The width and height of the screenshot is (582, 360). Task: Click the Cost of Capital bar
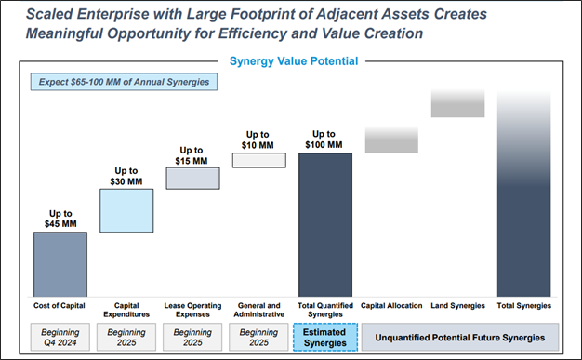(x=60, y=263)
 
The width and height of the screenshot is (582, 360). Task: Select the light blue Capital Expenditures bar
(x=126, y=210)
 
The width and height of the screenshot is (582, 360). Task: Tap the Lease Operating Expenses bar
(x=192, y=178)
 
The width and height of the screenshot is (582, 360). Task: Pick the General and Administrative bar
(x=258, y=160)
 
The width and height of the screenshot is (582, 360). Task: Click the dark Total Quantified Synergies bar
(x=325, y=223)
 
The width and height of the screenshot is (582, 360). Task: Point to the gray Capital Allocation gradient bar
(x=391, y=140)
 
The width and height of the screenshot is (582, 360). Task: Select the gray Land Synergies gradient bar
(x=457, y=103)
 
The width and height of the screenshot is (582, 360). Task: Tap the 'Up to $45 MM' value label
(x=60, y=219)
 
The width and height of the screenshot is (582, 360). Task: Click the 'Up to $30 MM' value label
(x=126, y=176)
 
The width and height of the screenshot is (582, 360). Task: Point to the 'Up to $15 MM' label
(x=192, y=154)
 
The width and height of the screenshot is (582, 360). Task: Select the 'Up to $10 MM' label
(x=258, y=140)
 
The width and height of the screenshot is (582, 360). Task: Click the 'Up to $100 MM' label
(x=325, y=140)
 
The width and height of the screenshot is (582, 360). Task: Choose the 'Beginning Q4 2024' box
(x=60, y=337)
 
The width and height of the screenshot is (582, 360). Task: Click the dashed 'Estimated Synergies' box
(x=325, y=337)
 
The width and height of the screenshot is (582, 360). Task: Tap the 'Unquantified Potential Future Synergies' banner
(x=459, y=337)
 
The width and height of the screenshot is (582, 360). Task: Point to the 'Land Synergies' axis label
(x=457, y=305)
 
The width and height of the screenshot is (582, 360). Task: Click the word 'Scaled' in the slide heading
(x=43, y=13)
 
